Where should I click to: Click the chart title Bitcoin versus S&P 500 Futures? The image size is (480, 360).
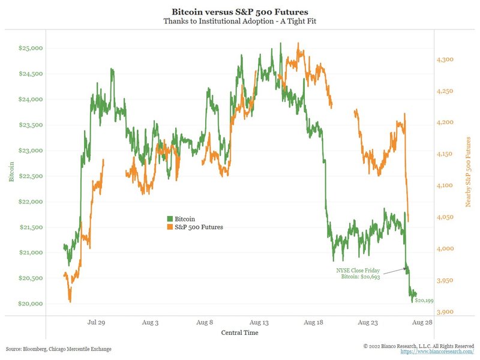point(239,12)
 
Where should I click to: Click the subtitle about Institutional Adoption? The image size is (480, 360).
point(239,22)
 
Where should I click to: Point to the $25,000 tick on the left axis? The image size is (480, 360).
point(31,48)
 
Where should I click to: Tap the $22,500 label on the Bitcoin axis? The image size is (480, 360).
point(31,176)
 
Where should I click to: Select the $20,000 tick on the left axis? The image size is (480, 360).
point(31,304)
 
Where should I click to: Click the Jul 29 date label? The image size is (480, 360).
point(97,323)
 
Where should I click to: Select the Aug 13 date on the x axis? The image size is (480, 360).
point(260,323)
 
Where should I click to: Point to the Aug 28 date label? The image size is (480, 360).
point(423,323)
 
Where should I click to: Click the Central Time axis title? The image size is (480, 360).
point(240,332)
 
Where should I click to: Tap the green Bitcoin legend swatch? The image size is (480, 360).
point(170,219)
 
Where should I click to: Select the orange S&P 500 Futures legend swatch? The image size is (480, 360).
point(170,227)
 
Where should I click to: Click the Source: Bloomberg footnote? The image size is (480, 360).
point(58,349)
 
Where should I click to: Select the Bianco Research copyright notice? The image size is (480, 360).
point(419,346)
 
